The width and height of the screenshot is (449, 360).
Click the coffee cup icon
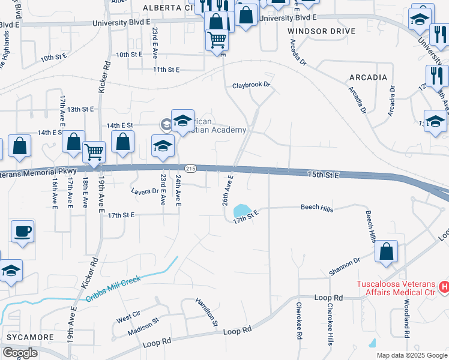click(x=23, y=232)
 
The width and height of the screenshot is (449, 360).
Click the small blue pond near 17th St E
click(x=243, y=211)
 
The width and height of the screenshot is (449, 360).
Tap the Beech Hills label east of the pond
click(x=316, y=208)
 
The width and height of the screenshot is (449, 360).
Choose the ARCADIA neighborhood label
click(x=367, y=77)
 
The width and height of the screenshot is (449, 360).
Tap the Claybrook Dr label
click(x=252, y=85)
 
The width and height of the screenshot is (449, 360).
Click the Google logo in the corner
click(x=20, y=353)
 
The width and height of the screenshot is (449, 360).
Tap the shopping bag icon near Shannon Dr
click(x=387, y=253)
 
